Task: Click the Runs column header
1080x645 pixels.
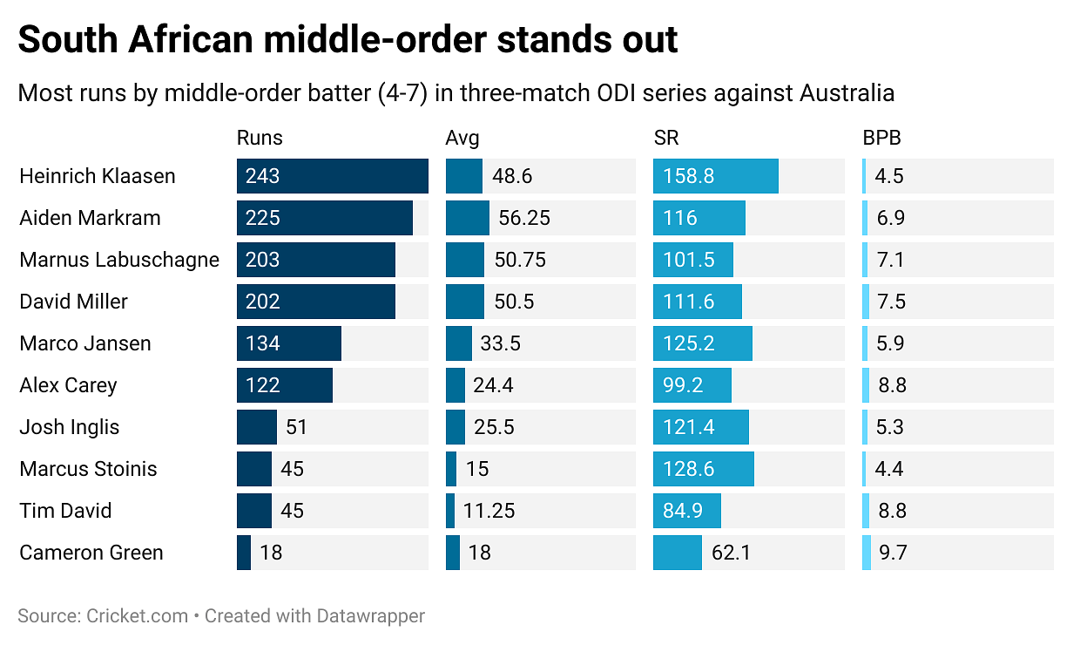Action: click(x=260, y=138)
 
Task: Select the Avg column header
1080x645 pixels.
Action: click(x=462, y=138)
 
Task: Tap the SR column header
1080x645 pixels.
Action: click(x=666, y=138)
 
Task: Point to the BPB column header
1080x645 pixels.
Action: click(x=881, y=138)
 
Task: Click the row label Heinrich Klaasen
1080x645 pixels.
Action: click(x=98, y=176)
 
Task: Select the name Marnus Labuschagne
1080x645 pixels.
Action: click(x=119, y=260)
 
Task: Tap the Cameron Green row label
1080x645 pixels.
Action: click(x=91, y=553)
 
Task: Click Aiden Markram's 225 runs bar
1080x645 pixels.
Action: click(x=324, y=218)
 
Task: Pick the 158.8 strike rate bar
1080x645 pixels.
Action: click(x=715, y=176)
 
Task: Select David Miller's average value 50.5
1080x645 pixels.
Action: click(x=513, y=302)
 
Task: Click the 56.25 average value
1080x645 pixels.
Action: click(x=524, y=218)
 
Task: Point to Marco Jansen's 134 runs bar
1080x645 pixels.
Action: click(x=288, y=343)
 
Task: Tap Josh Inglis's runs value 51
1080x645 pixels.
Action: click(x=297, y=427)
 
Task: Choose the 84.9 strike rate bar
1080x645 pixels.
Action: click(x=686, y=511)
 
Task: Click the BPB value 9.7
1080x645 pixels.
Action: click(x=891, y=553)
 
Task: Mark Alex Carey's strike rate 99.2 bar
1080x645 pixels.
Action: click(x=692, y=385)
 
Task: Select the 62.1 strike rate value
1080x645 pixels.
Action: click(x=731, y=553)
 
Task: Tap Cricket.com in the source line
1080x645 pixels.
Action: click(x=138, y=615)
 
